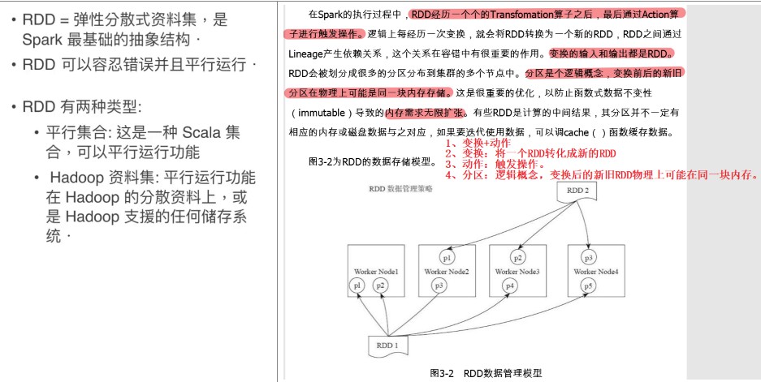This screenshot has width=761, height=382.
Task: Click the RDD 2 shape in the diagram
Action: [579, 193]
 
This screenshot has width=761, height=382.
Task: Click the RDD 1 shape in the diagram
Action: [387, 346]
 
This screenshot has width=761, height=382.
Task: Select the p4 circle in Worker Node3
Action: [509, 285]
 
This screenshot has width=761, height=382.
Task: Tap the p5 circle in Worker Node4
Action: [589, 285]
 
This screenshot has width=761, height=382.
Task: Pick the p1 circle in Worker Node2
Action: [448, 258]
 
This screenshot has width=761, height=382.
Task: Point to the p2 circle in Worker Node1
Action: [380, 285]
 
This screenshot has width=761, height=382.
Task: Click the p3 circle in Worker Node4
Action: [589, 258]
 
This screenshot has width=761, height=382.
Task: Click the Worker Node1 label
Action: [376, 271]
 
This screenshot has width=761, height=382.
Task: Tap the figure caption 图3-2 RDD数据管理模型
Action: [485, 373]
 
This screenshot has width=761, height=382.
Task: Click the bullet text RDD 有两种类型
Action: [82, 106]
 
